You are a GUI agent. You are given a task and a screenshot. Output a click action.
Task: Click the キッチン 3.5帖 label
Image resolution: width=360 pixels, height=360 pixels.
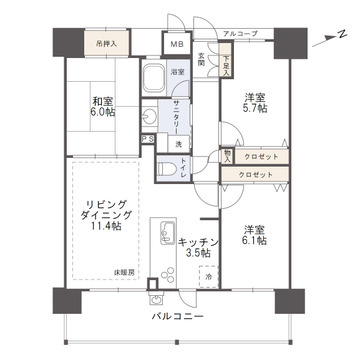(x=193, y=247)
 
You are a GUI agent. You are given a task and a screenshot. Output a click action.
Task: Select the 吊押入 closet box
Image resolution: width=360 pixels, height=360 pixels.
(x=107, y=44)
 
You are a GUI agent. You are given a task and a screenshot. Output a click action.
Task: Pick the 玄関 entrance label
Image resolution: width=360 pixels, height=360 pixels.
(x=200, y=60)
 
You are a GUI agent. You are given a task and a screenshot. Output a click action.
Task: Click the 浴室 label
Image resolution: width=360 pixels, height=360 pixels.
(x=175, y=74)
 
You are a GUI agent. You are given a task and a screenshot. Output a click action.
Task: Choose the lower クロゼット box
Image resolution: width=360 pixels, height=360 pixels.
(x=258, y=174)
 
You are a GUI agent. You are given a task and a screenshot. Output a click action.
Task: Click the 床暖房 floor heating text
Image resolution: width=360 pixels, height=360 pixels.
(x=125, y=271)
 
